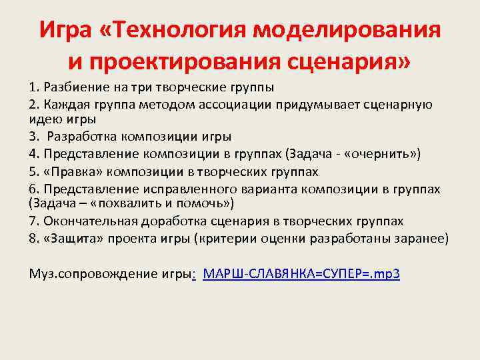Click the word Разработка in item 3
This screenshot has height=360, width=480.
pyautogui.click(x=81, y=137)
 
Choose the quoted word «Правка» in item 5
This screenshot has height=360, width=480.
pyautogui.click(x=69, y=171)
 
